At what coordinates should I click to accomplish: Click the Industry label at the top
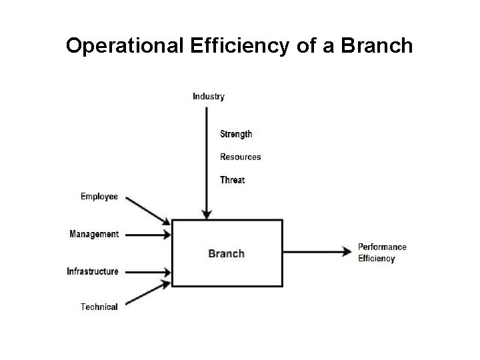point(209,96)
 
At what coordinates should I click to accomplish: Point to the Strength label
point(236,134)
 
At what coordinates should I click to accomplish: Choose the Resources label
point(240,157)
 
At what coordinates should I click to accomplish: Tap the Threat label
point(232,180)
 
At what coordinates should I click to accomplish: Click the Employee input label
point(99,196)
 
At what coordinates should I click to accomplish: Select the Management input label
point(94,234)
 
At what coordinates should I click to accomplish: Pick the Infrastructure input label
point(93,271)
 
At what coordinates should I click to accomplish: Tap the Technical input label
point(99,307)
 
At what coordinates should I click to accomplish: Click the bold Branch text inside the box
point(227,253)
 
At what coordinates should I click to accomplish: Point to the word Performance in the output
point(382,247)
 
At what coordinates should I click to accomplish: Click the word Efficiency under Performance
point(376,258)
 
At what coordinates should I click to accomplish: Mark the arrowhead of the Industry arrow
point(207,215)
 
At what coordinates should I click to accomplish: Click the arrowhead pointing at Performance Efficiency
point(347,251)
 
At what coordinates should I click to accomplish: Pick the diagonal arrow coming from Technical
point(147,294)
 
